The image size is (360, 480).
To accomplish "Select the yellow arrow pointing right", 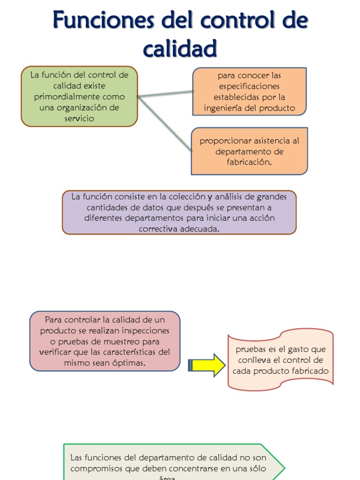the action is [207, 365].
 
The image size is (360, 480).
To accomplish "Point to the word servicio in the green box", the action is [79, 119].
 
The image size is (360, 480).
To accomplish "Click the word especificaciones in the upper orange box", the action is [249, 86].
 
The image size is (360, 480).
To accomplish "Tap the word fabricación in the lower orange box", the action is [249, 162].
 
